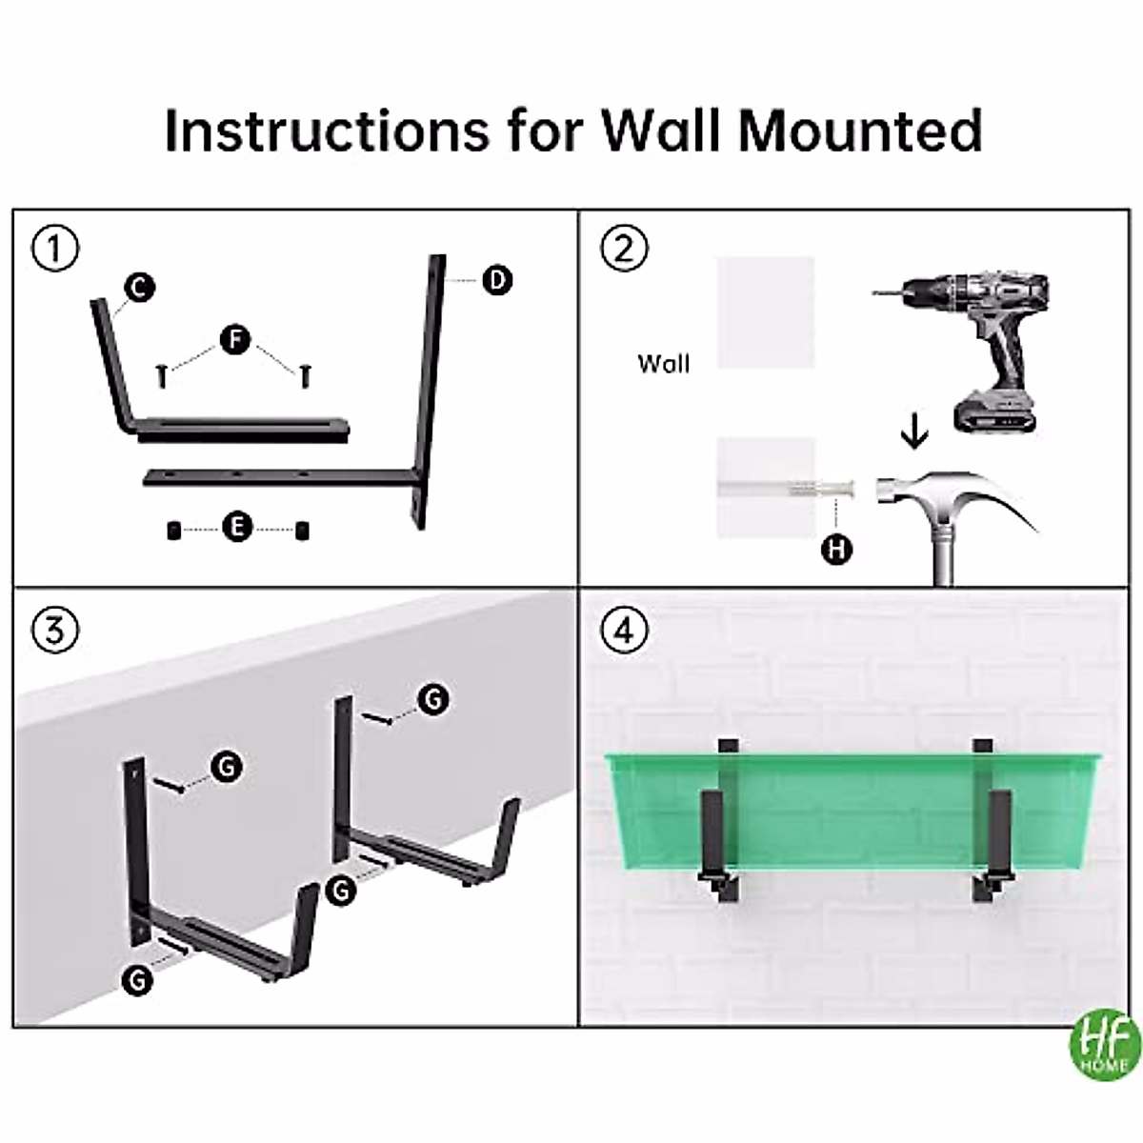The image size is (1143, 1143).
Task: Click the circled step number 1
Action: [55, 250]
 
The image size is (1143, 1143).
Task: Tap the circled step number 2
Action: [625, 250]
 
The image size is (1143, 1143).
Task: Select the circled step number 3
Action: [55, 631]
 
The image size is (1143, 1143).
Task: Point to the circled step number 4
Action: [625, 631]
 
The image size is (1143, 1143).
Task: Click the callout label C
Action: [139, 287]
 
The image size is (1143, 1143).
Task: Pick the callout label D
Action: [496, 280]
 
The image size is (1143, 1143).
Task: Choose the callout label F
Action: [235, 339]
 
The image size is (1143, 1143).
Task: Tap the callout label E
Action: [237, 527]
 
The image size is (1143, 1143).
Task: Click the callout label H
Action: [836, 549]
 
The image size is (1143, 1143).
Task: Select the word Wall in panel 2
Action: [663, 363]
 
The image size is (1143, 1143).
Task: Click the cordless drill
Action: [981, 333]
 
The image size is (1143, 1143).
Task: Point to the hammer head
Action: [905, 491]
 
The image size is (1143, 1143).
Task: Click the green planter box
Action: [857, 810]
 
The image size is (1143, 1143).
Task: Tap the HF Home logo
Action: [1105, 1045]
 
